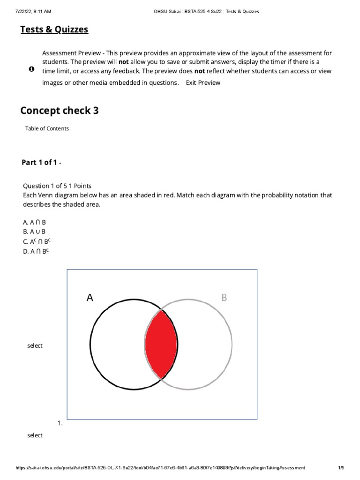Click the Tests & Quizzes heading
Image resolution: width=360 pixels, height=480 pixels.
point(54,30)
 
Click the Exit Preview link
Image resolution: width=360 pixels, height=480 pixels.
point(203,82)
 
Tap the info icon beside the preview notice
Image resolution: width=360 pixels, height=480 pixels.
point(31,69)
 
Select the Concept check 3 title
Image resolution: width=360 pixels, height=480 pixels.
point(60,111)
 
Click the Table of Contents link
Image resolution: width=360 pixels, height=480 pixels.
point(47,128)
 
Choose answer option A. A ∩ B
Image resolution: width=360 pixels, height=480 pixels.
point(34,222)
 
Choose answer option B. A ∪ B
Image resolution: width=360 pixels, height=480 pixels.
point(34,232)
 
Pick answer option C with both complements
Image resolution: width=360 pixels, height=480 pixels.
point(36,241)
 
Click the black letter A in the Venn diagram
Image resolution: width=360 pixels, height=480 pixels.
point(90,297)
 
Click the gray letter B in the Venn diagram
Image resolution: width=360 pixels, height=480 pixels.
point(224,297)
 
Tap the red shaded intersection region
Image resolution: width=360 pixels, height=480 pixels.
point(161,344)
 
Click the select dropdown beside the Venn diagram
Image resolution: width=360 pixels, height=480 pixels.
point(35,345)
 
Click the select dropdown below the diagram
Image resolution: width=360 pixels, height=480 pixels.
point(35,435)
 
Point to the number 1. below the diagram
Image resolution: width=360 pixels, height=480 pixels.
point(60,423)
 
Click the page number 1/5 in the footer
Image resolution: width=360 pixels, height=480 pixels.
point(341,467)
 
